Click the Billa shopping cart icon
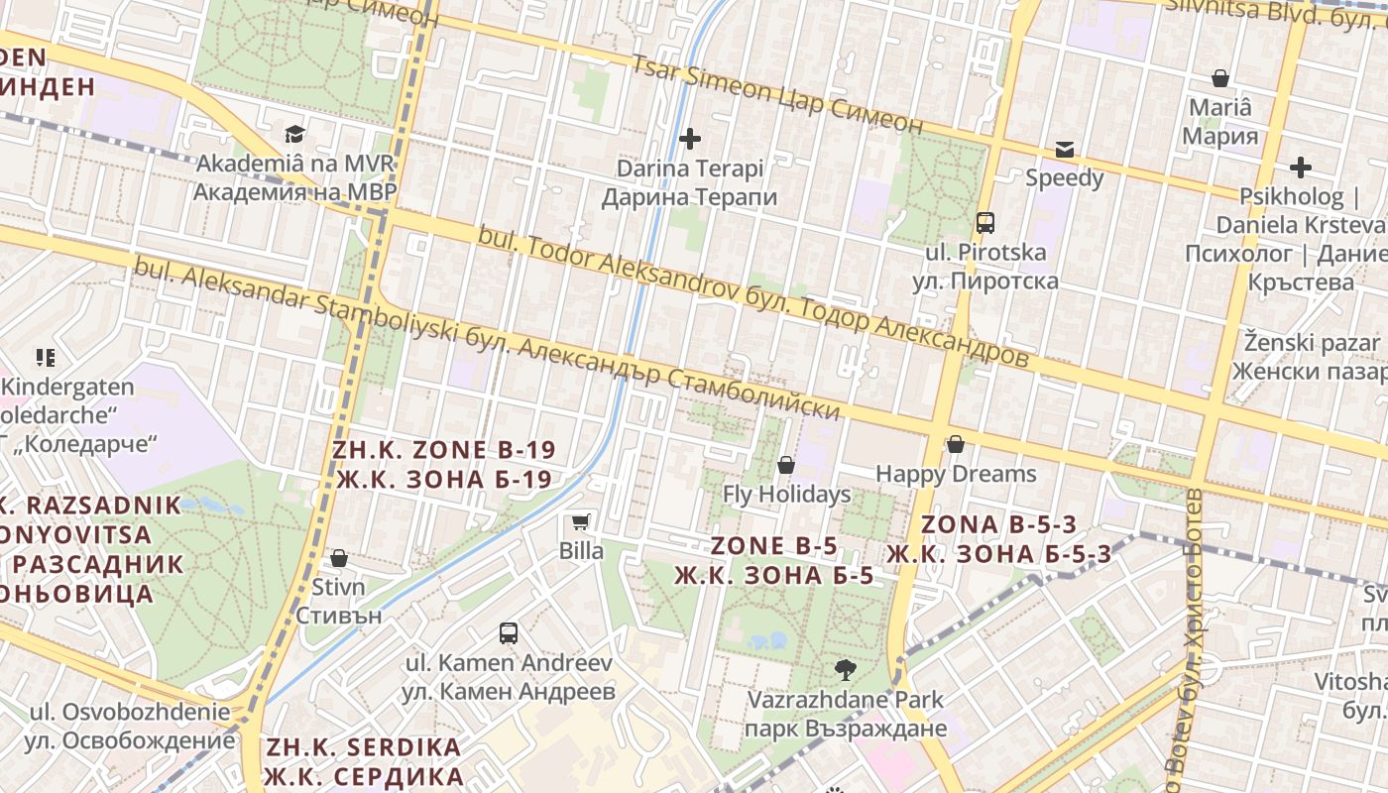pos(580,521)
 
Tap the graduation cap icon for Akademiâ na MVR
pos(294,134)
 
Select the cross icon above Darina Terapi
pos(689,139)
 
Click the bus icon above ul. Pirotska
pos(984,223)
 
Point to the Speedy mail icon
pos(1064,150)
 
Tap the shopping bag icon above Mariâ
pos(1220,78)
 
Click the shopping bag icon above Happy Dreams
pos(956,444)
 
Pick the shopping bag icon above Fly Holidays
pos(786,464)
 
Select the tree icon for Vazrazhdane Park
pos(846,670)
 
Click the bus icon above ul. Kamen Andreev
pos(509,632)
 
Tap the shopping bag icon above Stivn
pos(338,558)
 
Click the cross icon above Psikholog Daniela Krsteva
pos(1300,169)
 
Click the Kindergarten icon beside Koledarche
pos(45,357)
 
